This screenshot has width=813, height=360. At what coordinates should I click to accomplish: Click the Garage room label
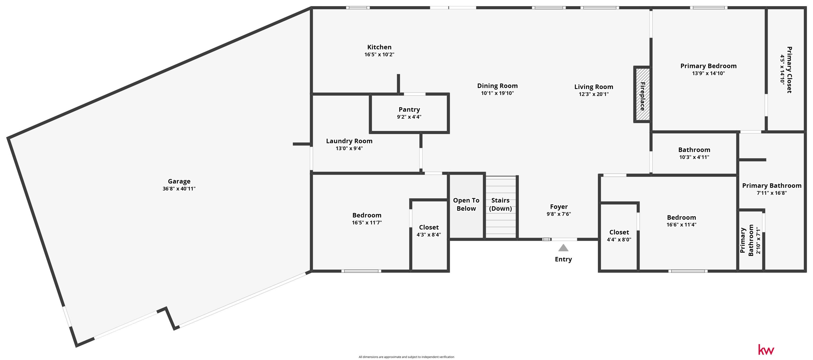[x=179, y=181]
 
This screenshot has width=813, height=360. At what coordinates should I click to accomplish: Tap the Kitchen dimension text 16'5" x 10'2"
[x=379, y=55]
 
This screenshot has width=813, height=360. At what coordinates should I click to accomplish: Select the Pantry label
[x=409, y=110]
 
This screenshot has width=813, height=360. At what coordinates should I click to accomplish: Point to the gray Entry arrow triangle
[x=563, y=248]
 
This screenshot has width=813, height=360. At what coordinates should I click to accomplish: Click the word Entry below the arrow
[x=563, y=259]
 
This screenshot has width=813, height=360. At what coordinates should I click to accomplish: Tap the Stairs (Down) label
[x=500, y=204]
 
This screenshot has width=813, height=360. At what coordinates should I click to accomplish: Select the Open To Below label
[x=466, y=204]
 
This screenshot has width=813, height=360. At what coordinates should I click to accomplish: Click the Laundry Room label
[x=349, y=141]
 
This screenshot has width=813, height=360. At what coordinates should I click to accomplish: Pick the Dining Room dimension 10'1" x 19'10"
[x=497, y=93]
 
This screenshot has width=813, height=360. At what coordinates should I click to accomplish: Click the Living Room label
[x=594, y=87]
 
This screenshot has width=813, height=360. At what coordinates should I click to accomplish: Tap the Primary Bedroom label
[x=708, y=66]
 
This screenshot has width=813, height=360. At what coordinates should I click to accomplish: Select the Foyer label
[x=559, y=207]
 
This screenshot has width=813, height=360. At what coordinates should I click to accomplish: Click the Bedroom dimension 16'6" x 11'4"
[x=681, y=225]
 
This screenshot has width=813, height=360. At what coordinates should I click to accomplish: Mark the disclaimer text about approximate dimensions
[x=406, y=357]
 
